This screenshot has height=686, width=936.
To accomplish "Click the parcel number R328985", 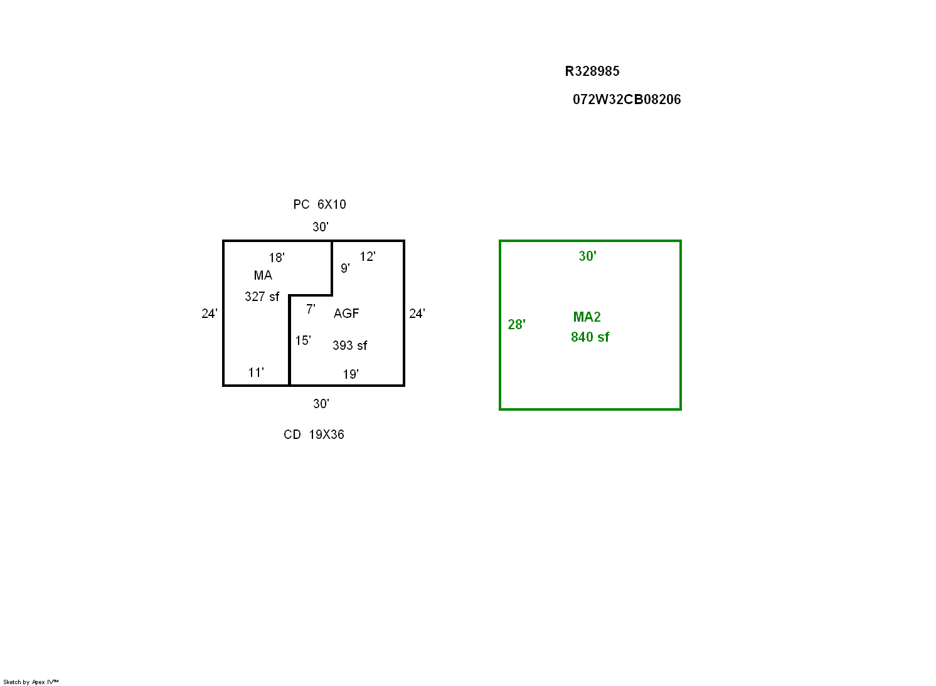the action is [592, 71].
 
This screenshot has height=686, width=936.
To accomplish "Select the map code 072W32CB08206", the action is [626, 100].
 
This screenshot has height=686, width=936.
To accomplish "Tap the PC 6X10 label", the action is [320, 204].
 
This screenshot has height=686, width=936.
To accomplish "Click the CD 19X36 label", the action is [314, 435].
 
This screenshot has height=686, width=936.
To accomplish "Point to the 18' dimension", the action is [277, 257].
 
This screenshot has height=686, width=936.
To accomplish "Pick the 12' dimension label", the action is [368, 256].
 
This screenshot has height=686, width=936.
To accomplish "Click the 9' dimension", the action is [345, 268].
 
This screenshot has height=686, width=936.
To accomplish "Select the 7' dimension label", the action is [311, 309].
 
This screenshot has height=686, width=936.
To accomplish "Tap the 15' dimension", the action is [303, 340].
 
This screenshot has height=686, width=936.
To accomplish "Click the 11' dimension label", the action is [256, 372].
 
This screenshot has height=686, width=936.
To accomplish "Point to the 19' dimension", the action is [351, 374].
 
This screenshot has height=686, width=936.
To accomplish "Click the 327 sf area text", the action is [262, 297].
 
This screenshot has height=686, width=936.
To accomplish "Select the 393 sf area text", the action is [350, 346].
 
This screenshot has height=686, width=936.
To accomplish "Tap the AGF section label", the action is [346, 314].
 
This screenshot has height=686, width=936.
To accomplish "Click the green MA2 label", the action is [587, 317].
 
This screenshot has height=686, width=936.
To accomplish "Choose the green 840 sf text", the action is [590, 337].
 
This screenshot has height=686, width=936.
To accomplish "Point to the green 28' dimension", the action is [516, 325].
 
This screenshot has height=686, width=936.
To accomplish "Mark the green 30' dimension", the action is [587, 256].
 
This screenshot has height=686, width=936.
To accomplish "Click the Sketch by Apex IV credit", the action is [31, 682].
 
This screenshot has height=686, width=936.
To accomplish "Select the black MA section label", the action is [263, 275].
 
